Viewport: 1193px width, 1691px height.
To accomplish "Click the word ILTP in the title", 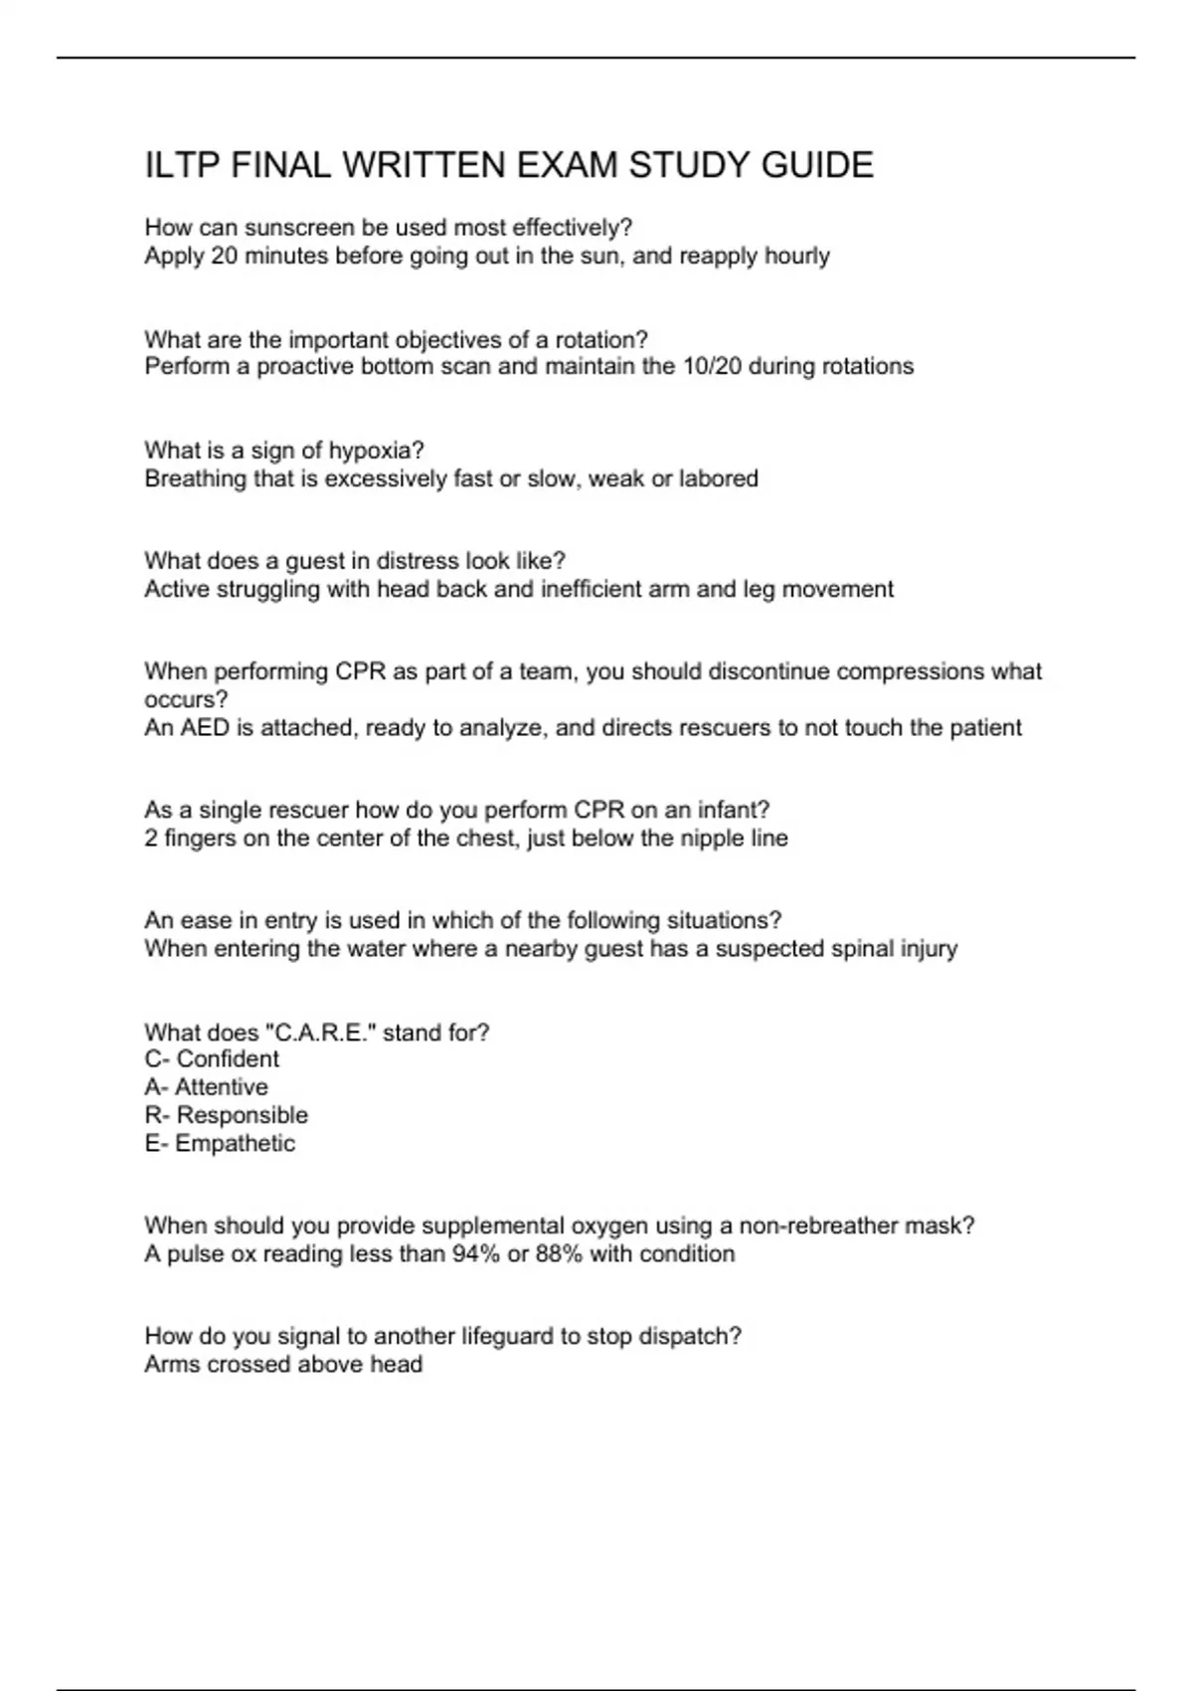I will [x=182, y=165].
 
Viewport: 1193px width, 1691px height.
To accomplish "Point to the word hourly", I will [x=796, y=256].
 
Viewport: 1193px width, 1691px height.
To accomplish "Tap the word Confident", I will [x=228, y=1059].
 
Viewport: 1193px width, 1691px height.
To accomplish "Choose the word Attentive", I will [x=221, y=1087].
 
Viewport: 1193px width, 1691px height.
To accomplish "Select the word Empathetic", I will [x=235, y=1143].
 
